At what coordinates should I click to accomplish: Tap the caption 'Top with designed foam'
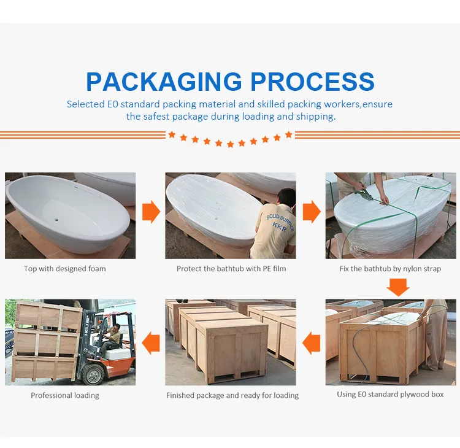pos(65,269)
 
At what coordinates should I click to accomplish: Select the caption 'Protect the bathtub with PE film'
pos(231,269)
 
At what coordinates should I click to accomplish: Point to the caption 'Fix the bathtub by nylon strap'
pos(390,269)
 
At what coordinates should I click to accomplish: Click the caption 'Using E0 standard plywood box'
pos(390,395)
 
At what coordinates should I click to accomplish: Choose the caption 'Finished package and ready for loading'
pos(232,396)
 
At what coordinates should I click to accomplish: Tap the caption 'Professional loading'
pos(65,396)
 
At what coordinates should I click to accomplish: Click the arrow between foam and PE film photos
pos(151,212)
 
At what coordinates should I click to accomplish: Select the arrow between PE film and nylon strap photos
pos(311,212)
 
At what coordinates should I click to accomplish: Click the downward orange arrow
pos(398,287)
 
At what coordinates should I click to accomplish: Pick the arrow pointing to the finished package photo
pos(311,342)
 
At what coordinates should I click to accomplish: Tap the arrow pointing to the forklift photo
pos(151,342)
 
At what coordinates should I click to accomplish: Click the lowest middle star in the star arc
pos(230,144)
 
